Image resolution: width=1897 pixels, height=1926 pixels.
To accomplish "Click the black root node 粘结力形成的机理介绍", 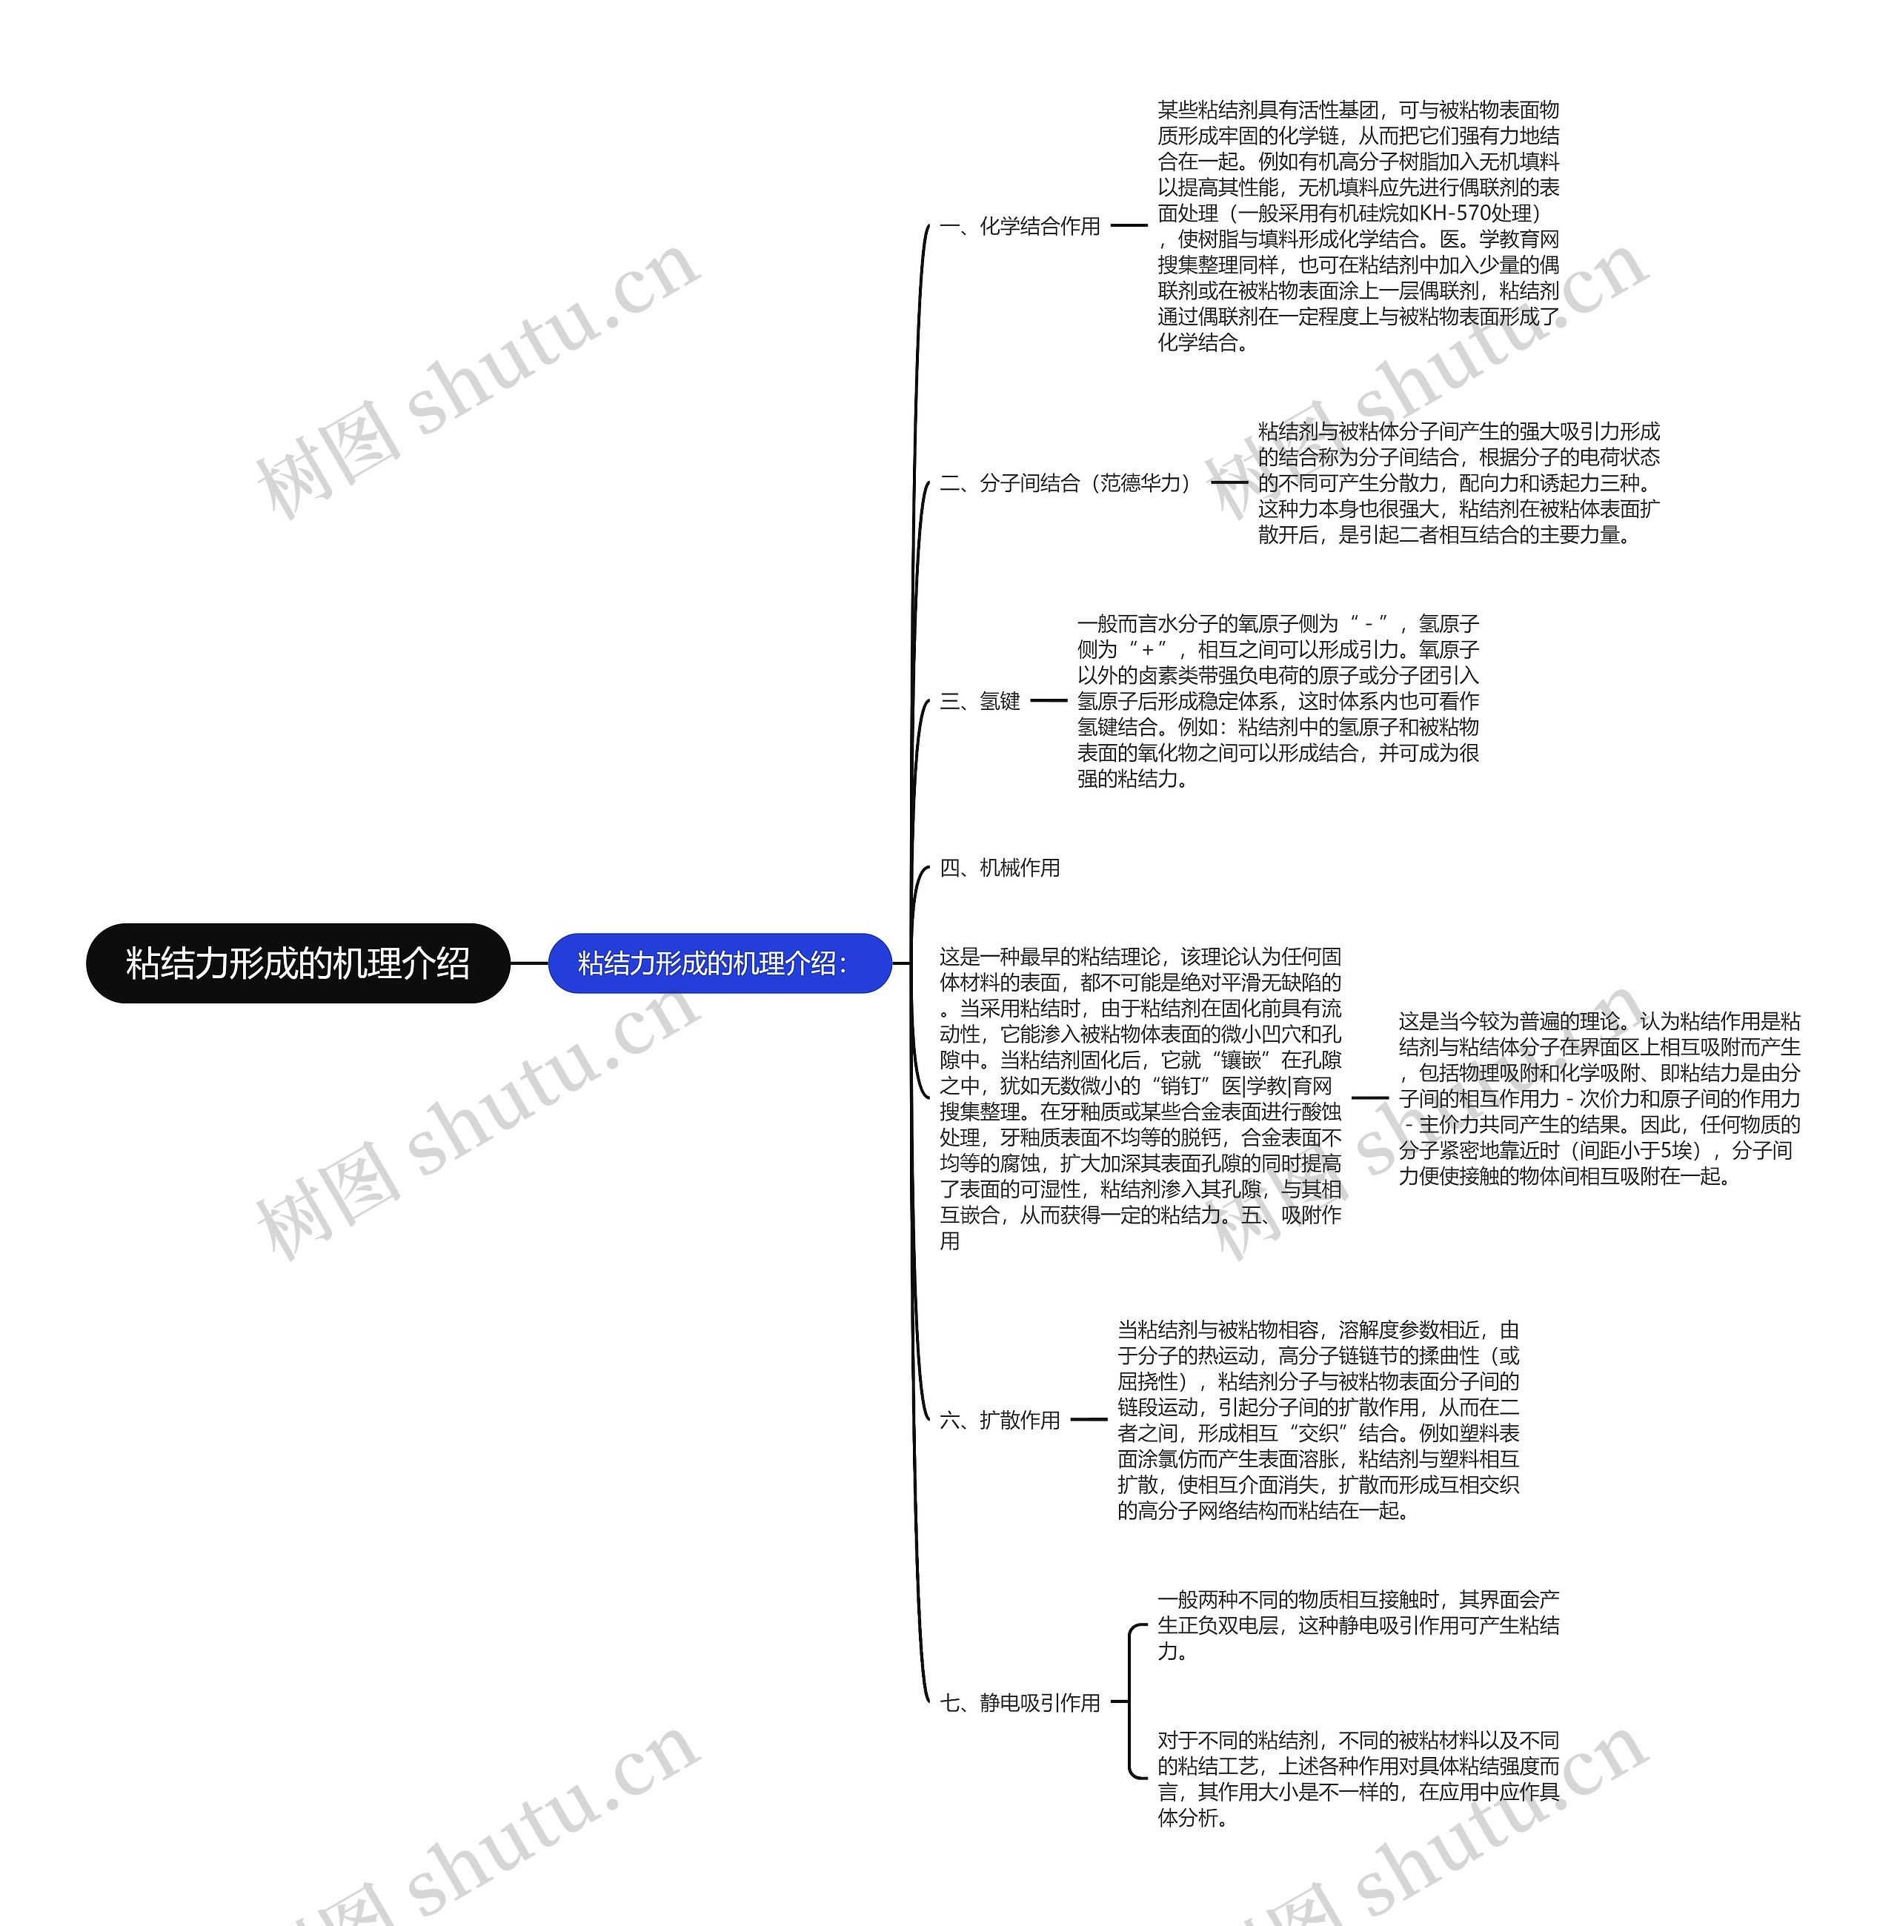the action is (298, 963).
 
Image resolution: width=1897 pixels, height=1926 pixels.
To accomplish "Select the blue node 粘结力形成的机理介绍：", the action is (720, 963).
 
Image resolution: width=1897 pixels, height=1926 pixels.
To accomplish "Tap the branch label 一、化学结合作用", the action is (1020, 226).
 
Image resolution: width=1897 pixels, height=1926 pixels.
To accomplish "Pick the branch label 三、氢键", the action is (980, 702).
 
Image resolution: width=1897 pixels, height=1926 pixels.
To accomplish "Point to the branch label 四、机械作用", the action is (1000, 868).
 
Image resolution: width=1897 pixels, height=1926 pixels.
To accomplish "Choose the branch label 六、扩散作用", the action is (1000, 1420).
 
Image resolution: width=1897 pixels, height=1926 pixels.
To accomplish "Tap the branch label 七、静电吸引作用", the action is (1020, 1703).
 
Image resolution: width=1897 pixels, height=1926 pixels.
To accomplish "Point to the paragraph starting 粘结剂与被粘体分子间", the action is (1458, 483).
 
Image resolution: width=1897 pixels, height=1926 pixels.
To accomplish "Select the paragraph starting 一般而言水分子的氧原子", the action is (1278, 702).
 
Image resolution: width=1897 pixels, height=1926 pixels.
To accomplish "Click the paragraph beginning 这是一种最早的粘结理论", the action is (1140, 1098).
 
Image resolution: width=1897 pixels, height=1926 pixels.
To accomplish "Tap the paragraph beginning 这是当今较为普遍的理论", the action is (1599, 1098).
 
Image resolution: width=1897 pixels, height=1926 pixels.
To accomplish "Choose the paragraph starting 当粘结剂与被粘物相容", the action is (1318, 1420).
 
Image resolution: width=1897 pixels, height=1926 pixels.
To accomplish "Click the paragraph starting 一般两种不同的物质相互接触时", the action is (1358, 1625).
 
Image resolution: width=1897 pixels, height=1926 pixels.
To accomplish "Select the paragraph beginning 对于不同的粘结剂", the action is (1358, 1779).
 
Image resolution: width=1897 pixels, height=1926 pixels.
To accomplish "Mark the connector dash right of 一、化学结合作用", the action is (1129, 225).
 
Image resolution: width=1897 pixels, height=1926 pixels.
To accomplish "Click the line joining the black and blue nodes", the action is (529, 963).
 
